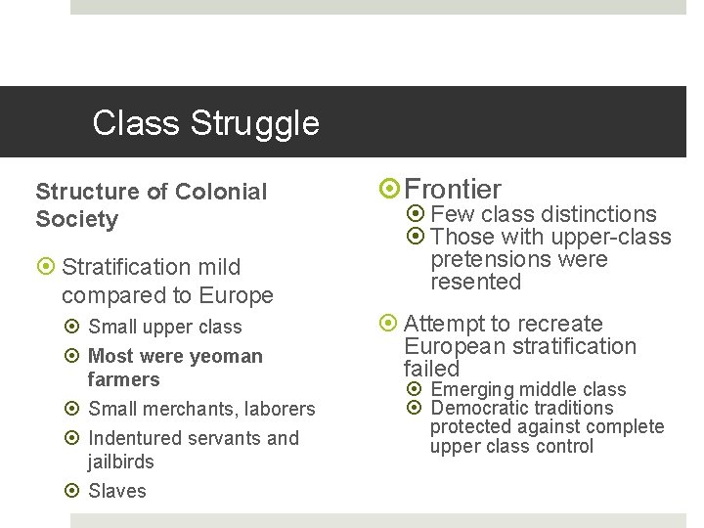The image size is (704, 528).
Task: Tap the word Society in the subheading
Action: pos(76,219)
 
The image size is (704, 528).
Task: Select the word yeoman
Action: pos(222,356)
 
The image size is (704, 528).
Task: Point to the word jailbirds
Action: pos(120,462)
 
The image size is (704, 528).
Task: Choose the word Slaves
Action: pos(116,491)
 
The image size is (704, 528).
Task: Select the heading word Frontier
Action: pos(453,189)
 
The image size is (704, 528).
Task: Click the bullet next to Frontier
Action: pos(388,190)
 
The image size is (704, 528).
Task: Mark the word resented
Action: pos(476,282)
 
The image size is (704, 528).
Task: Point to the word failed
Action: pos(431,369)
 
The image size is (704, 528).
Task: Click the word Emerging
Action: pos(472,390)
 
